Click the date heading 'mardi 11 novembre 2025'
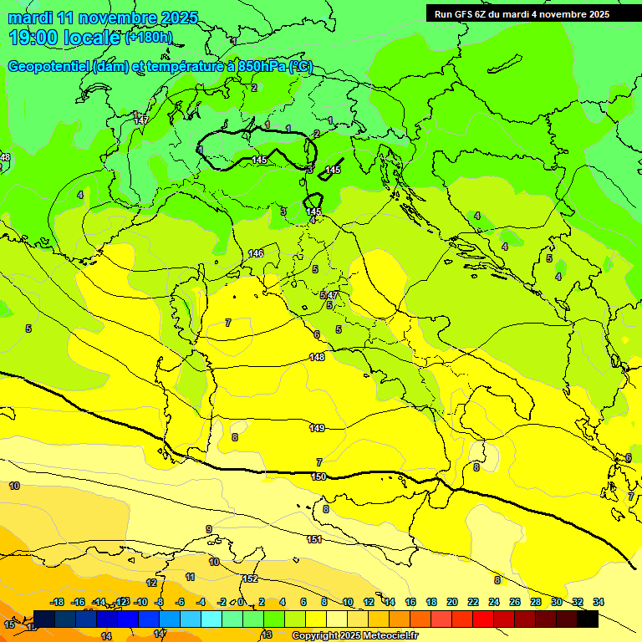(x=104, y=18)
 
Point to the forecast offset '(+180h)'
(x=149, y=38)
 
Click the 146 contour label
(x=256, y=253)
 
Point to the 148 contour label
(x=317, y=357)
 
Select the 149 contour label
(x=317, y=428)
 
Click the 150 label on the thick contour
(x=318, y=476)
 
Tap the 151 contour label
(x=314, y=539)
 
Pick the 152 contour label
(x=250, y=579)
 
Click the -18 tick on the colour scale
(x=58, y=602)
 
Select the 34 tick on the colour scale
(x=598, y=602)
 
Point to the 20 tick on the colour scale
(x=452, y=602)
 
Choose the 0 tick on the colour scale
(x=241, y=602)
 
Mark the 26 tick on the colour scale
(x=515, y=602)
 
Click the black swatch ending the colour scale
(x=588, y=619)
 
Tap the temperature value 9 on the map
(x=209, y=529)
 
